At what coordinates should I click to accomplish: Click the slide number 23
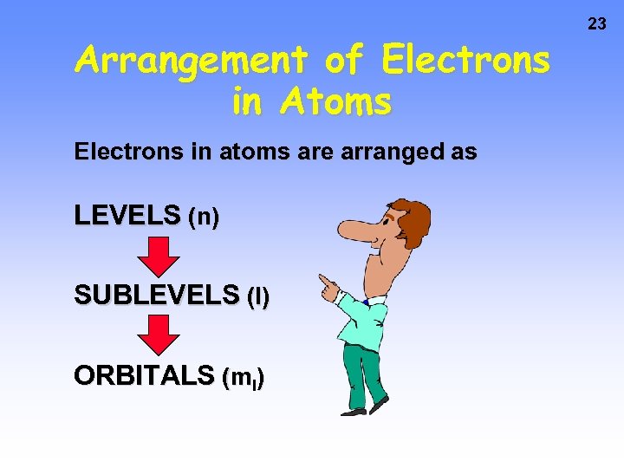pos(597,24)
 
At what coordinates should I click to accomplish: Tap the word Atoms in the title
pos(336,102)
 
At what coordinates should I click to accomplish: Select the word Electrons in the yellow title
pos(465,61)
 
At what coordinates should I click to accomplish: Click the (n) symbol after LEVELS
pos(203,217)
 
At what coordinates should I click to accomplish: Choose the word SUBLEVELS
pos(156,296)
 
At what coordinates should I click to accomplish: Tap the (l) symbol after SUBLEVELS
pos(258,298)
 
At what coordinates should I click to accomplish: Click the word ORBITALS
pos(144,375)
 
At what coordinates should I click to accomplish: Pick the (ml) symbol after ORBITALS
pos(244,378)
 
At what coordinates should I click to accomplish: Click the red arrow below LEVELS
pos(159,257)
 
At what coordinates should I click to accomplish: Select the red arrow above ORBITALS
pos(159,335)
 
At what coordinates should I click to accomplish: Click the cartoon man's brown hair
pos(413,221)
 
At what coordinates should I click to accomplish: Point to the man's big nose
pos(352,230)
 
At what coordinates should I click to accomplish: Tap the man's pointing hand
pos(328,284)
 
